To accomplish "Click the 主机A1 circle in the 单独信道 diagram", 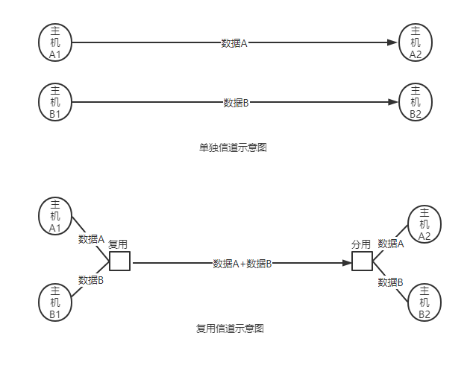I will pos(54,42).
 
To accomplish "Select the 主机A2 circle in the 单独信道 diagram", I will pos(416,42).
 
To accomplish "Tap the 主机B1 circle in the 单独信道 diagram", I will pos(54,102).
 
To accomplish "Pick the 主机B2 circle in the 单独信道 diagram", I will pos(416,102).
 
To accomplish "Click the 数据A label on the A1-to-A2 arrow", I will pos(234,43).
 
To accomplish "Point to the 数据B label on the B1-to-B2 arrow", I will pos(235,103).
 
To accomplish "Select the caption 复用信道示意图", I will pos(230,328).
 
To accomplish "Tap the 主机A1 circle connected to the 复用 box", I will pos(54,216).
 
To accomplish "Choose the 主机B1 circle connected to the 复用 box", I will pos(54,302).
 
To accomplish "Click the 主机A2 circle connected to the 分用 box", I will pos(424,224).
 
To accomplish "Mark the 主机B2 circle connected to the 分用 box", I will pos(424,302).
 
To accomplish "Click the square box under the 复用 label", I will pos(119,261).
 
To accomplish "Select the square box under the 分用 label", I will pos(362,261).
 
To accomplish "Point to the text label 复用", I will pos(118,244).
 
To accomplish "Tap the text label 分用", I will pos(361,244).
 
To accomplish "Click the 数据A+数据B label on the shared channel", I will pos(242,264).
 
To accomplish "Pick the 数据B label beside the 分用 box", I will pos(390,282).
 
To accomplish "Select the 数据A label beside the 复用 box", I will pos(91,239).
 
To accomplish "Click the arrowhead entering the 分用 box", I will pos(347,263).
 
